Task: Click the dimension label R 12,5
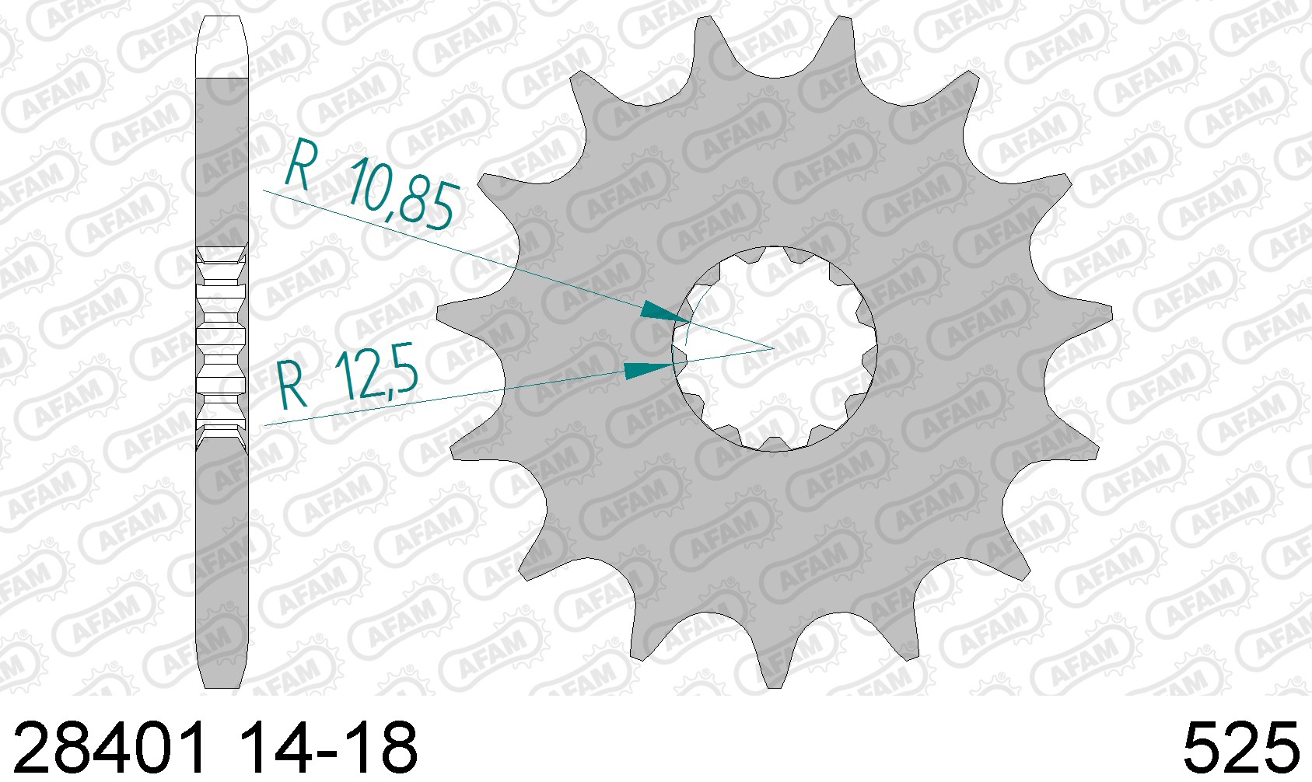(348, 376)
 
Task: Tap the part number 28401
(110, 749)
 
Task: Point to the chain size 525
(1240, 749)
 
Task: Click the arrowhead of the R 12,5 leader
(648, 370)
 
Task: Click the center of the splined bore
(775, 349)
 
